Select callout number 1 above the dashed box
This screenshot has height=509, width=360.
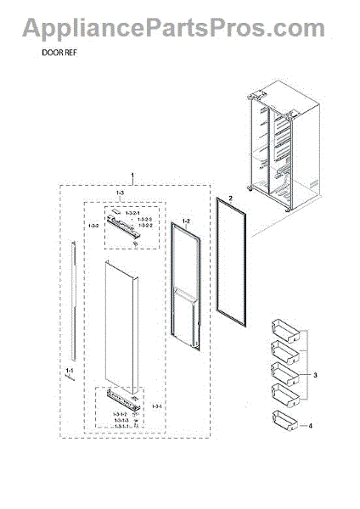pos(132,176)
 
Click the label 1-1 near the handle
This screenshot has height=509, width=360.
pos(70,371)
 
